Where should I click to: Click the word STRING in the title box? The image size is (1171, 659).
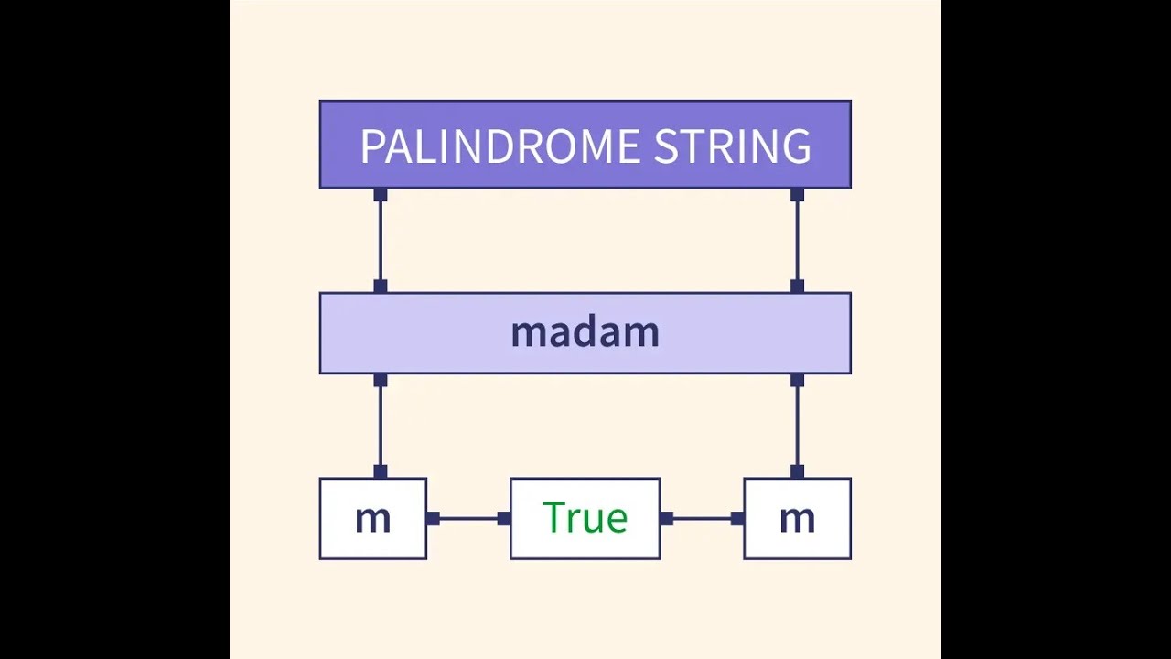[x=732, y=146]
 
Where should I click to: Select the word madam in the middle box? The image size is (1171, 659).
[x=585, y=332]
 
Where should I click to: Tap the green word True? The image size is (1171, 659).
[x=585, y=518]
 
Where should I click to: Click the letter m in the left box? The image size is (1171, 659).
[x=372, y=519]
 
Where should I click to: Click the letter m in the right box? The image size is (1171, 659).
[x=797, y=519]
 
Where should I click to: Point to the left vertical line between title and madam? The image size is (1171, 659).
[x=381, y=241]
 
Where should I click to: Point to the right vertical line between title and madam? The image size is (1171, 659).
[x=797, y=241]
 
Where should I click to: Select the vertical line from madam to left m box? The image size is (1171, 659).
[x=381, y=426]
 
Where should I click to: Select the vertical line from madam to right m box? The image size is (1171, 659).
[x=797, y=426]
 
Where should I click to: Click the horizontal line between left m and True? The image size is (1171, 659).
[x=468, y=519]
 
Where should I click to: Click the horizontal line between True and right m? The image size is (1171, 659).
[x=702, y=519]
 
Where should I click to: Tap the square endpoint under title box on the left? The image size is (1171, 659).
[x=381, y=195]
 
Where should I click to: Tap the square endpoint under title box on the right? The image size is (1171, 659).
[x=797, y=195]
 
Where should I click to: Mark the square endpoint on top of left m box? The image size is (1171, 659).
[x=381, y=471]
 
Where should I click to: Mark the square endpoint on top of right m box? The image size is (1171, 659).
[x=797, y=471]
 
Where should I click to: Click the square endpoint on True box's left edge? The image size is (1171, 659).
[x=504, y=519]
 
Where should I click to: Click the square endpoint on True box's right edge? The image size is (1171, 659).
[x=666, y=519]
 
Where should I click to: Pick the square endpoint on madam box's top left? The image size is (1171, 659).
[x=381, y=286]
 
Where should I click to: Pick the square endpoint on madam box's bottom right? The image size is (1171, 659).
[x=797, y=380]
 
